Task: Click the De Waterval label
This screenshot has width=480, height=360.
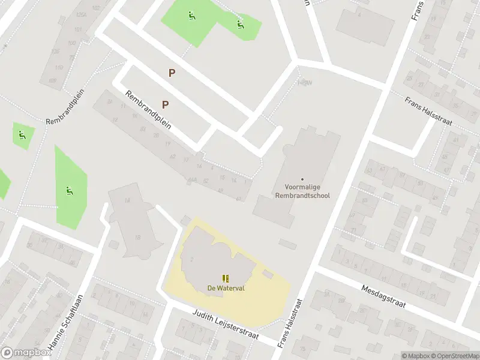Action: click(x=226, y=288)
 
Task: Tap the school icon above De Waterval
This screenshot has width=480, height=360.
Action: click(x=226, y=278)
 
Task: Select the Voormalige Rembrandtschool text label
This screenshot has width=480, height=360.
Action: click(x=302, y=191)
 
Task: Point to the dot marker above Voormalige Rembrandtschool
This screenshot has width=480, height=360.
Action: click(x=302, y=179)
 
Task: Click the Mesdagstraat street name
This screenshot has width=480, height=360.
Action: click(x=383, y=296)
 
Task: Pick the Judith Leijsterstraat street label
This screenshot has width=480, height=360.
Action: click(x=225, y=324)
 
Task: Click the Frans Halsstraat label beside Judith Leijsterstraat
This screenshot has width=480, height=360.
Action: click(x=289, y=324)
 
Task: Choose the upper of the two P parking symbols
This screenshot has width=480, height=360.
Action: click(x=172, y=73)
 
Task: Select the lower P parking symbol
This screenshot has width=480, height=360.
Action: click(x=165, y=104)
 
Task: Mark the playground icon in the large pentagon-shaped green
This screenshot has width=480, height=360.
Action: click(x=70, y=191)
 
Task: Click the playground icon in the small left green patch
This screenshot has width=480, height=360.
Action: click(x=22, y=134)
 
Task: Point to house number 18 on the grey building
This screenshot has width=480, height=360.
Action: click(x=138, y=238)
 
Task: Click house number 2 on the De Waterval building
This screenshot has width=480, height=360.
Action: click(x=191, y=259)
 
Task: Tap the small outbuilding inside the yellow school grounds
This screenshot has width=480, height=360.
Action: click(x=268, y=274)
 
